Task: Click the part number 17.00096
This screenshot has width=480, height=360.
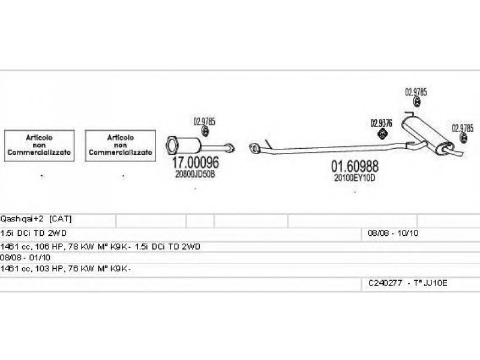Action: [196, 163]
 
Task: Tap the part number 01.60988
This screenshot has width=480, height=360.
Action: [355, 166]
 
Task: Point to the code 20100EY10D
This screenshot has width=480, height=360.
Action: [355, 178]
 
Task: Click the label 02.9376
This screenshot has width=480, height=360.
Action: [381, 123]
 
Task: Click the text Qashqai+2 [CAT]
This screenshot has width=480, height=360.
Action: [37, 219]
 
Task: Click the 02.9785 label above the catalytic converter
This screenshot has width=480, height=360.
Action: [204, 121]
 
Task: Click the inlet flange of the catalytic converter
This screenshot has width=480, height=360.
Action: [171, 143]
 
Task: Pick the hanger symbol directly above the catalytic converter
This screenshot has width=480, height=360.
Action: [205, 132]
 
